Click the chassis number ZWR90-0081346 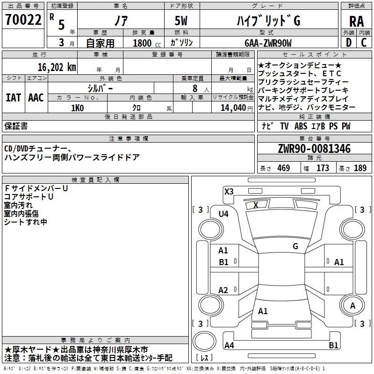click(314, 149)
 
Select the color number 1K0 click(77, 108)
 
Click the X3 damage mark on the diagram click(229, 191)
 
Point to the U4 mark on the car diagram click(223, 214)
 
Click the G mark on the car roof click(295, 246)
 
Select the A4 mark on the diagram click(229, 345)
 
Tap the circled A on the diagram click(352, 305)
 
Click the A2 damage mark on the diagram click(223, 290)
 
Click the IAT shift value click(13, 97)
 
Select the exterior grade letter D click(348, 43)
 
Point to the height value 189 click(360, 168)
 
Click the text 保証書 click(16, 126)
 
